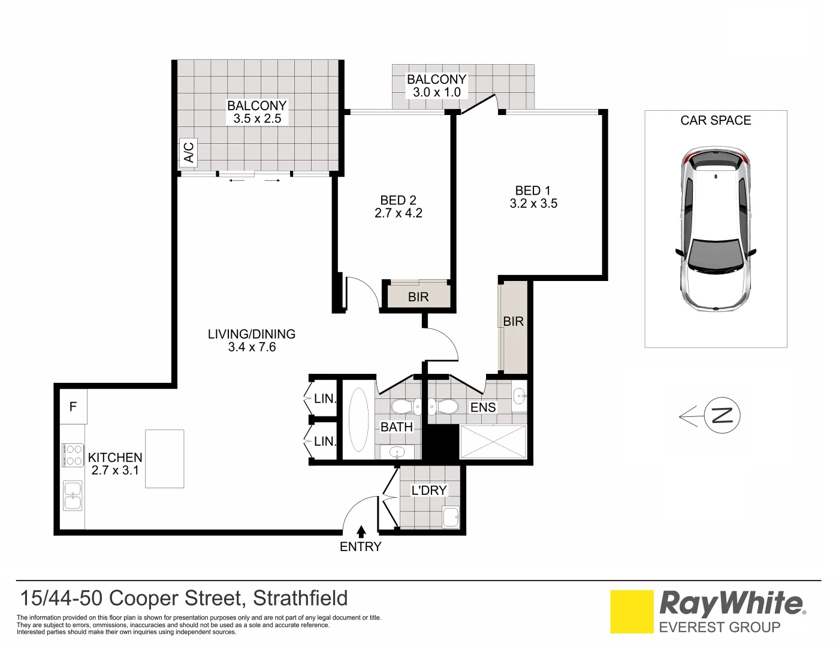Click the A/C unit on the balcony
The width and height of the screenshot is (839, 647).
click(x=188, y=153)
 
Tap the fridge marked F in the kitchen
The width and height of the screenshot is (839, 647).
click(x=73, y=407)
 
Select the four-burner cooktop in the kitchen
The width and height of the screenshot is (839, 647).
click(x=73, y=455)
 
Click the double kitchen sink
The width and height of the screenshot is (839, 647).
click(x=73, y=497)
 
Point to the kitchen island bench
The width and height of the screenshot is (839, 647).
click(x=164, y=458)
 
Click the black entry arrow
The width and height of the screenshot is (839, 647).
click(x=361, y=531)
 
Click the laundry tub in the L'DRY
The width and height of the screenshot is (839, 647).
click(x=449, y=517)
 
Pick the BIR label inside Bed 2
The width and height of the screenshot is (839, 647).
click(x=418, y=297)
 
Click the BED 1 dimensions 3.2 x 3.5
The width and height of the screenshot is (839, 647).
click(x=533, y=204)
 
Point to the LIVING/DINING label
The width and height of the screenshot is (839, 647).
click(x=252, y=334)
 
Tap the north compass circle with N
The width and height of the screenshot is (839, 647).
click(x=722, y=415)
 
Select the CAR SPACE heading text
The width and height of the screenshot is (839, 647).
click(x=716, y=120)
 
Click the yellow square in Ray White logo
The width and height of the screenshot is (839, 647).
click(x=632, y=612)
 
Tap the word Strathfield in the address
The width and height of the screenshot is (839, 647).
click(x=300, y=598)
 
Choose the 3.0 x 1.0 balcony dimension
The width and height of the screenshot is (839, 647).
click(x=436, y=92)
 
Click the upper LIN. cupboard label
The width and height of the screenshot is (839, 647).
click(x=325, y=398)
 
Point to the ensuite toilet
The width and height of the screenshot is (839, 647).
click(x=443, y=407)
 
